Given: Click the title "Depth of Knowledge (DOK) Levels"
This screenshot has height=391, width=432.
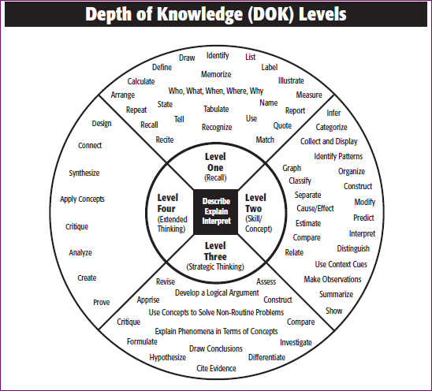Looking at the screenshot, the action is coord(216,13).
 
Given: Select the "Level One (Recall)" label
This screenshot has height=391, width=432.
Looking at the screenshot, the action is coord(215,167).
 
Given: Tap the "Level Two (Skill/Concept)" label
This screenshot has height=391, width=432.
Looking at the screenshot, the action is coord(259,213).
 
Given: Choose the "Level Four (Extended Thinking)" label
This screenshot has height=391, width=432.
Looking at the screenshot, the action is coord(172,213).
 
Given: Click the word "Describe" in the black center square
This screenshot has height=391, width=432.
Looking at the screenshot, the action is coord(216,201).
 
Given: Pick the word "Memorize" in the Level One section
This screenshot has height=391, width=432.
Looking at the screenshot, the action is coord(216,74).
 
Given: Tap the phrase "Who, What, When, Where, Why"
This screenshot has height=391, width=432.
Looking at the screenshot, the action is coord(216,91).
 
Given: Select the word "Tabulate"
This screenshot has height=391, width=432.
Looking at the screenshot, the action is coord(216,109).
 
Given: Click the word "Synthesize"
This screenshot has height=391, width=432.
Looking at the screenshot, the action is coord(84,173).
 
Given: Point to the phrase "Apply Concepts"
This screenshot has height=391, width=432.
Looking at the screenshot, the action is coord(82,199).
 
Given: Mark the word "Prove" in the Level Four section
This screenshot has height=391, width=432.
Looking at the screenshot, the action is coord(102,302).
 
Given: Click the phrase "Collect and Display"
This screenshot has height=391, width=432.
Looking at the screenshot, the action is coord(329,141).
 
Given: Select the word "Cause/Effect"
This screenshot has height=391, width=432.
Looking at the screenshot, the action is coord(315,208).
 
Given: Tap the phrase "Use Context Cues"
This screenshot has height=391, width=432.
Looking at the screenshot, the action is coord(341,264).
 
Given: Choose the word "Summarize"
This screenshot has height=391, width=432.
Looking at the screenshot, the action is coord(336,294).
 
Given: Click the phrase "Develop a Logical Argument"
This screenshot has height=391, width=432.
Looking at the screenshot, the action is coord(217,292).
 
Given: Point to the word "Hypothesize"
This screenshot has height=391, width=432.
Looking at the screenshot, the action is coord(167,357).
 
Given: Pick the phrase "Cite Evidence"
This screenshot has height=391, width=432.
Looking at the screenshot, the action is coord(216,368).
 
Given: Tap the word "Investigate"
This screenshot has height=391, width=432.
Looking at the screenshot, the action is coord(296,342).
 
